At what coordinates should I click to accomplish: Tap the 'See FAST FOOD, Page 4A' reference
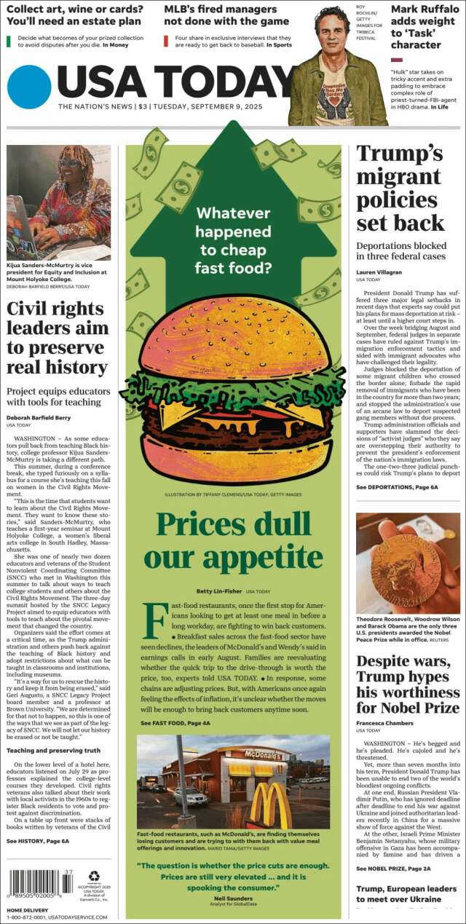(x=175, y=722)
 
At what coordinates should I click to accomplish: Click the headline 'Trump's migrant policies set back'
(x=400, y=188)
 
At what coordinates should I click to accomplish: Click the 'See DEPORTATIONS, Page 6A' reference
(x=397, y=486)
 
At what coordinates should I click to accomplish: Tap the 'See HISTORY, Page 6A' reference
(x=38, y=840)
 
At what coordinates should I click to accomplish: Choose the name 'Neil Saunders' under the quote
(x=233, y=899)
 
